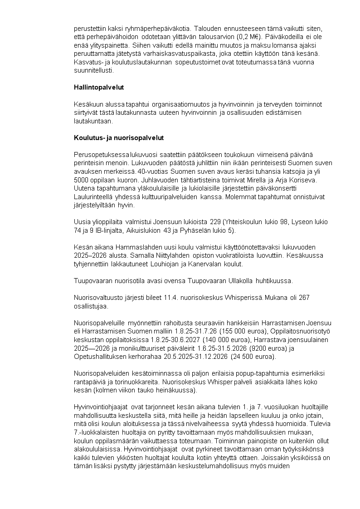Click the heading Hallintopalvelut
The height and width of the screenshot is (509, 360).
pyautogui.click(x=99, y=87)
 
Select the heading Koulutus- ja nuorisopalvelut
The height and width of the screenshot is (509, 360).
pyautogui.click(x=119, y=137)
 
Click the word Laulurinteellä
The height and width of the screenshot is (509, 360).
pyautogui.click(x=93, y=197)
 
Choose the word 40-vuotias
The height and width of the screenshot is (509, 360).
pyautogui.click(x=155, y=172)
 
